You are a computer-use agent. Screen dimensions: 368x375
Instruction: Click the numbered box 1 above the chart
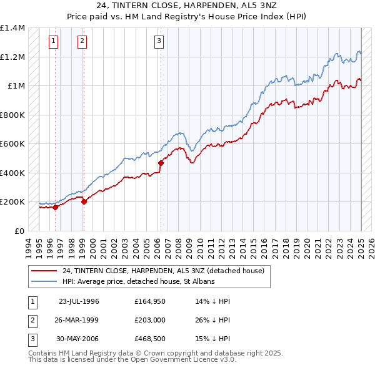pyautogui.click(x=54, y=42)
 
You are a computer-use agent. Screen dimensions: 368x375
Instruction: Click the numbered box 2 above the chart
pyautogui.click(x=82, y=42)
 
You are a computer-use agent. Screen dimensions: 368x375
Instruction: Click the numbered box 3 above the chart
pyautogui.click(x=159, y=42)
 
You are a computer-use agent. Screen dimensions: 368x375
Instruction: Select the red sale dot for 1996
pyautogui.click(x=55, y=208)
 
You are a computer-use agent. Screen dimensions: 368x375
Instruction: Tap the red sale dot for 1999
pyautogui.click(x=84, y=201)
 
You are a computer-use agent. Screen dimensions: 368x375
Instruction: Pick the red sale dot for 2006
pyautogui.click(x=161, y=163)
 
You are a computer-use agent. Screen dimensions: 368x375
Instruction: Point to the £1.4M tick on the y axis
pyautogui.click(x=12, y=28)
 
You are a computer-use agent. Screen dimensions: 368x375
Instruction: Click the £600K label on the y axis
pyautogui.click(x=12, y=144)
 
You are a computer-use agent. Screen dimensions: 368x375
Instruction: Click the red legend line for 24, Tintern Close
pyautogui.click(x=44, y=271)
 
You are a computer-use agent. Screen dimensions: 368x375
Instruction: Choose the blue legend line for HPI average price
pyautogui.click(x=44, y=282)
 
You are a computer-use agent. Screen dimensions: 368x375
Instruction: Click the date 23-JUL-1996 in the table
pyautogui.click(x=79, y=301)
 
